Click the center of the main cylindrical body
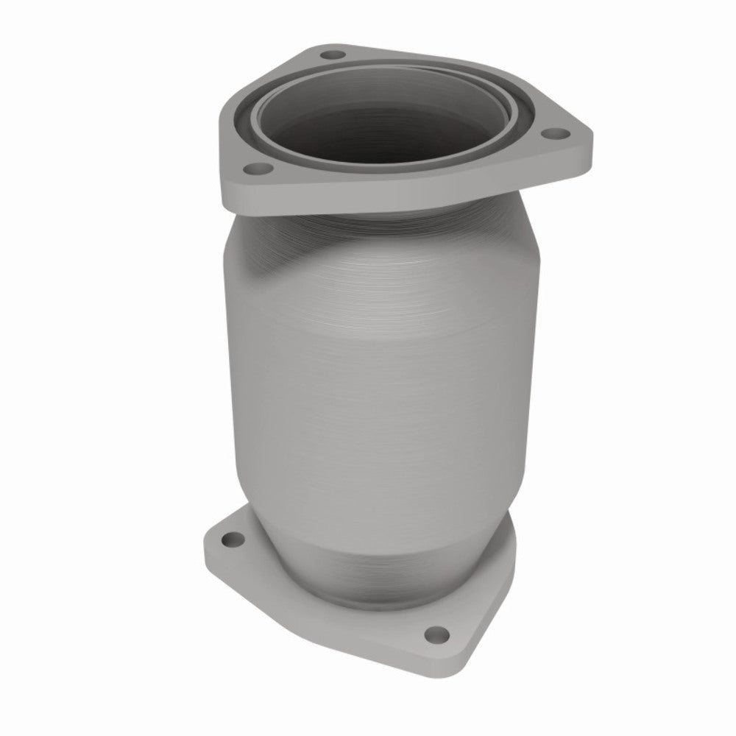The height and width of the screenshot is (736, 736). click(x=383, y=368)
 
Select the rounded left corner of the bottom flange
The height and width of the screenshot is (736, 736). click(x=210, y=545)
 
